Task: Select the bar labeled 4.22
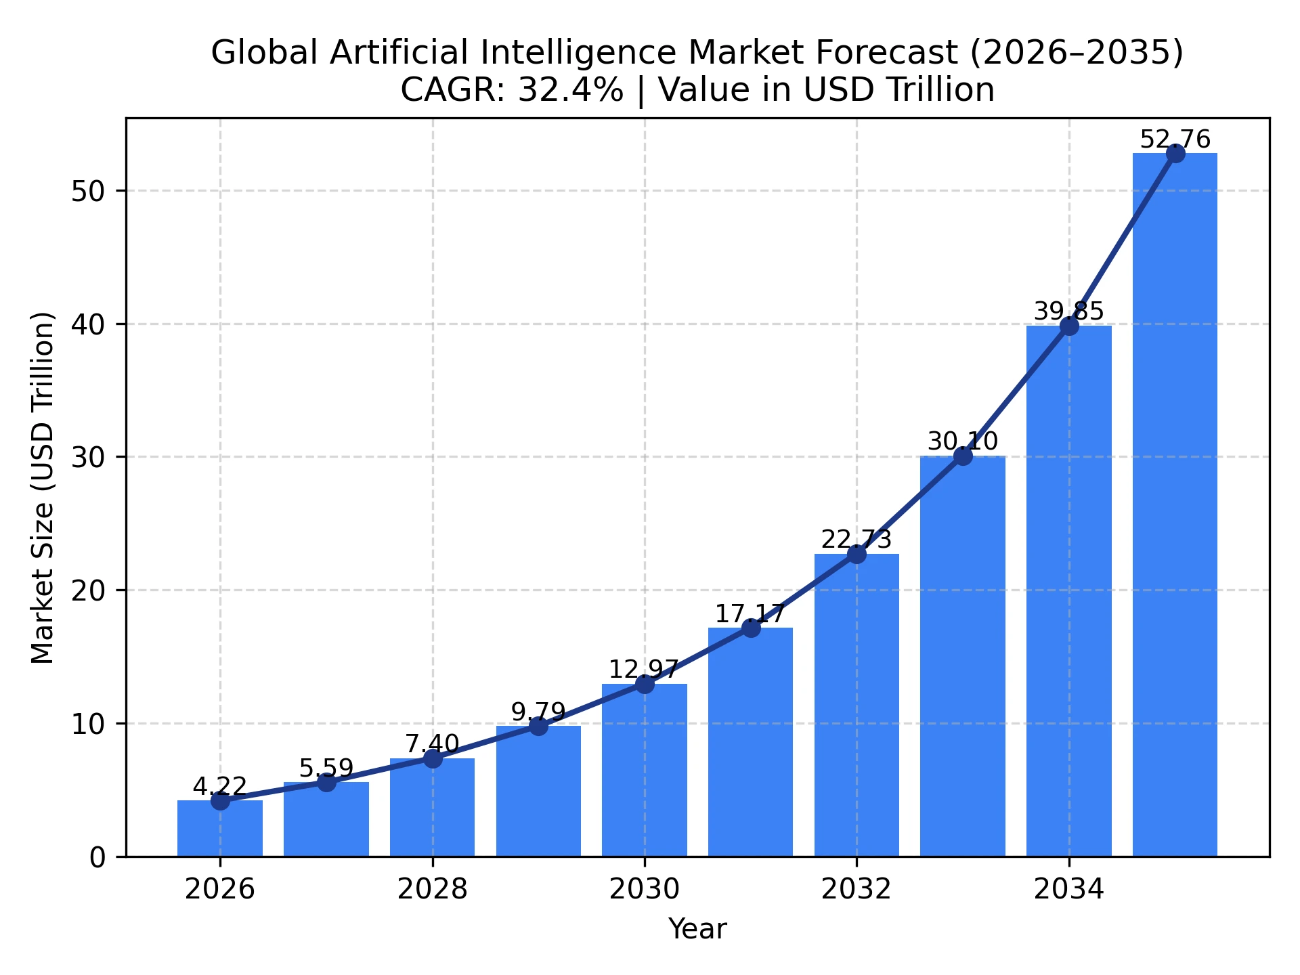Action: (x=219, y=829)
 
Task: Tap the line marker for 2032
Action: (x=857, y=554)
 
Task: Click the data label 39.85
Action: (x=1068, y=312)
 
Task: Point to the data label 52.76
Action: (x=1175, y=140)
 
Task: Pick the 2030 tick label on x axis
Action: (x=644, y=889)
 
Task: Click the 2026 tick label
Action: (x=219, y=889)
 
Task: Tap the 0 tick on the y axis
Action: (x=98, y=857)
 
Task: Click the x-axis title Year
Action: (x=697, y=929)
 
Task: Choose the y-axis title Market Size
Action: (x=42, y=487)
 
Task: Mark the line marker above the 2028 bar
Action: (x=432, y=758)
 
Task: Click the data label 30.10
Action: (x=962, y=442)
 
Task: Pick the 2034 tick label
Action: (x=1068, y=889)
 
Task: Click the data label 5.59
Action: (x=326, y=768)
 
